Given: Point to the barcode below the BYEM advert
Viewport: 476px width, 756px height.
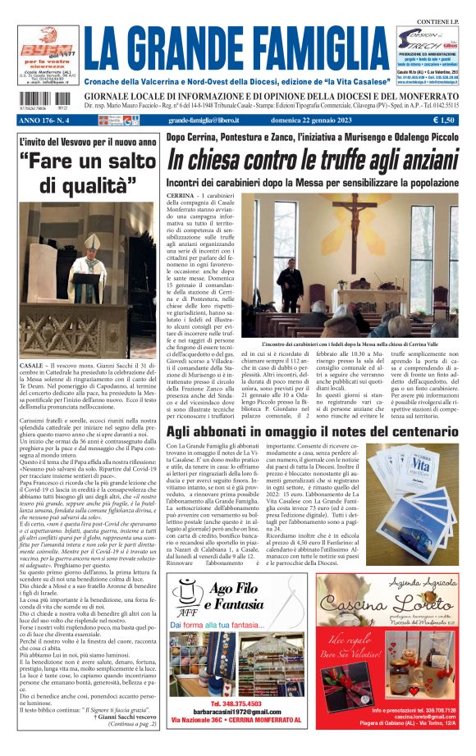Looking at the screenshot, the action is pos(34,104).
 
